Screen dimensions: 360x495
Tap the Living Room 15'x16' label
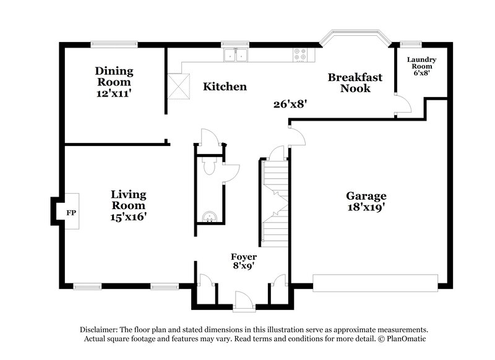(x=128, y=205)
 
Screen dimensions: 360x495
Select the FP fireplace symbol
(x=71, y=213)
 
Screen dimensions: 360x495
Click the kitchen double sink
(x=236, y=56)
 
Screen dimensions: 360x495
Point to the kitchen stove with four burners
(x=301, y=55)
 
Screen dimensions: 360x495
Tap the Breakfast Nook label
(x=355, y=83)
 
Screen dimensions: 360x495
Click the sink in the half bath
(x=209, y=216)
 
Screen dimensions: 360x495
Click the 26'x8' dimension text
(x=290, y=105)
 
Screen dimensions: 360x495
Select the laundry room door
(x=402, y=105)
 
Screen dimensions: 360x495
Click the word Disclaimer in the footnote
(x=101, y=330)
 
